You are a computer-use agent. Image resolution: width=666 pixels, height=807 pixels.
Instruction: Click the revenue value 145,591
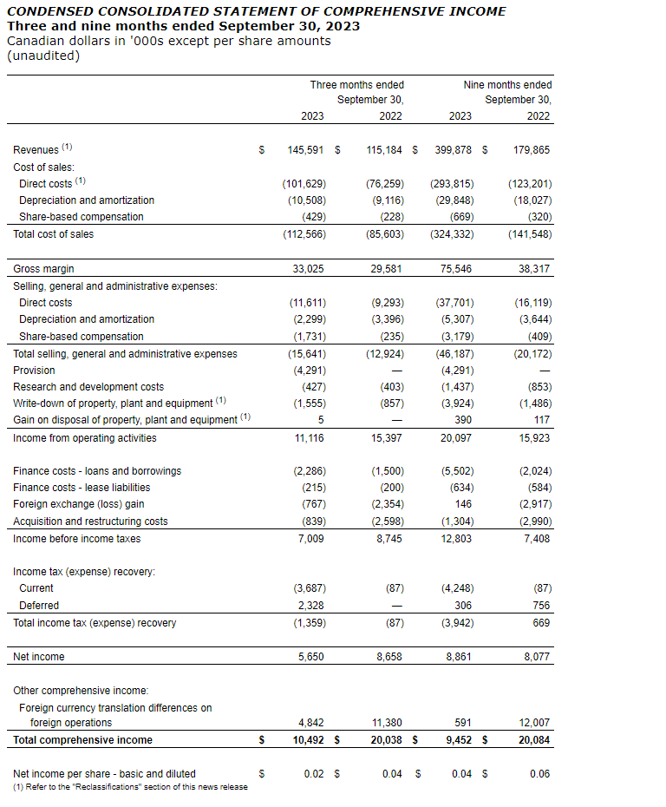pyautogui.click(x=305, y=150)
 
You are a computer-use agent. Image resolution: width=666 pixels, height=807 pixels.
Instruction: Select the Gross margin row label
pyautogui.click(x=43, y=269)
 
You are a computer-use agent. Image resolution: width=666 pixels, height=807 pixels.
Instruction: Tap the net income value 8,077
pyautogui.click(x=537, y=657)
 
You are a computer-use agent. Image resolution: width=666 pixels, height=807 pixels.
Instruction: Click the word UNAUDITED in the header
pyautogui.click(x=42, y=56)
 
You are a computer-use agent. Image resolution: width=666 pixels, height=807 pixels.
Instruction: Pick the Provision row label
pyautogui.click(x=34, y=370)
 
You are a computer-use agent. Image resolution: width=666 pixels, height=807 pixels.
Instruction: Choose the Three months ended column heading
pyautogui.click(x=356, y=85)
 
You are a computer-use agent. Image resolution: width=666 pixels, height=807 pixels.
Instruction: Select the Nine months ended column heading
pyautogui.click(x=507, y=85)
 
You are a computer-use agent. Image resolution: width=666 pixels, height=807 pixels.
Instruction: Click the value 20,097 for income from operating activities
pyautogui.click(x=457, y=437)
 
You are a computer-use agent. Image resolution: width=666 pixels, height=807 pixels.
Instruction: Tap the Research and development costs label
pyautogui.click(x=88, y=387)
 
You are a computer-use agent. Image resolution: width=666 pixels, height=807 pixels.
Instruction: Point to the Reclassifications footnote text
pyautogui.click(x=130, y=787)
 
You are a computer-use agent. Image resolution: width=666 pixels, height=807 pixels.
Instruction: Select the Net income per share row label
pyautogui.click(x=104, y=773)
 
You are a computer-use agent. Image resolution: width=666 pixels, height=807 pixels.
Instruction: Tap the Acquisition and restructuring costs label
pyautogui.click(x=90, y=522)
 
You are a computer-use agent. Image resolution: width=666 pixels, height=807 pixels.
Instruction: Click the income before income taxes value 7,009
pyautogui.click(x=310, y=539)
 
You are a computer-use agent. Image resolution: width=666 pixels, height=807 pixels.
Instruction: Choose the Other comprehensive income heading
pyautogui.click(x=81, y=691)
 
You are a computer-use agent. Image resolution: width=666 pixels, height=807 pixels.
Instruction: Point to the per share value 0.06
pyautogui.click(x=539, y=773)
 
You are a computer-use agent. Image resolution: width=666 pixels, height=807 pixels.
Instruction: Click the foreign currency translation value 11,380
pyautogui.click(x=386, y=723)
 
